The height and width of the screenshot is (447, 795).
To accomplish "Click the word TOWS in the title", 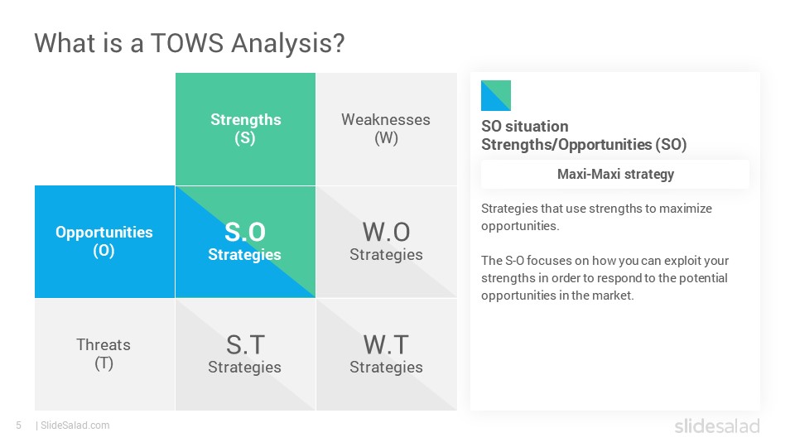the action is [187, 43].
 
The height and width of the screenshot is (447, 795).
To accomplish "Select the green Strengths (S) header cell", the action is [245, 129].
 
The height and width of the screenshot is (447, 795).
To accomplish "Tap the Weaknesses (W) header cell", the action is [387, 129].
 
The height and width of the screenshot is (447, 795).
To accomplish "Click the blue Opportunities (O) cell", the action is [104, 241].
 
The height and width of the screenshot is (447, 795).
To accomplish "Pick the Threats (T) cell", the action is [104, 354].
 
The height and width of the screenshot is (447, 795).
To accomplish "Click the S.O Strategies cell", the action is [245, 241].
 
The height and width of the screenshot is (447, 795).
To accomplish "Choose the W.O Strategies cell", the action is [387, 241].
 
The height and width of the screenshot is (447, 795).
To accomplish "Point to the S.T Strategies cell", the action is [245, 354].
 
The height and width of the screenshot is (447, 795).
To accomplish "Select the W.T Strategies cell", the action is [387, 354].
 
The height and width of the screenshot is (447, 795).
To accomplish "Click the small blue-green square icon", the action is [496, 95].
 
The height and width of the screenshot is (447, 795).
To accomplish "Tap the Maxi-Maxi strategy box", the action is [615, 175].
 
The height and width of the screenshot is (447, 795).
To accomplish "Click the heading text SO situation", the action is [525, 126].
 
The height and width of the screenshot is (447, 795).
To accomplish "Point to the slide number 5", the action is [19, 425].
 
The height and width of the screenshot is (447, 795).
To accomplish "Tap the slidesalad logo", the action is [717, 425].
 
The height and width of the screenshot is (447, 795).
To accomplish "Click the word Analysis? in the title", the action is [288, 44].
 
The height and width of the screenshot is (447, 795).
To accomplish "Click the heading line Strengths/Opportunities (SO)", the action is [584, 145].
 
